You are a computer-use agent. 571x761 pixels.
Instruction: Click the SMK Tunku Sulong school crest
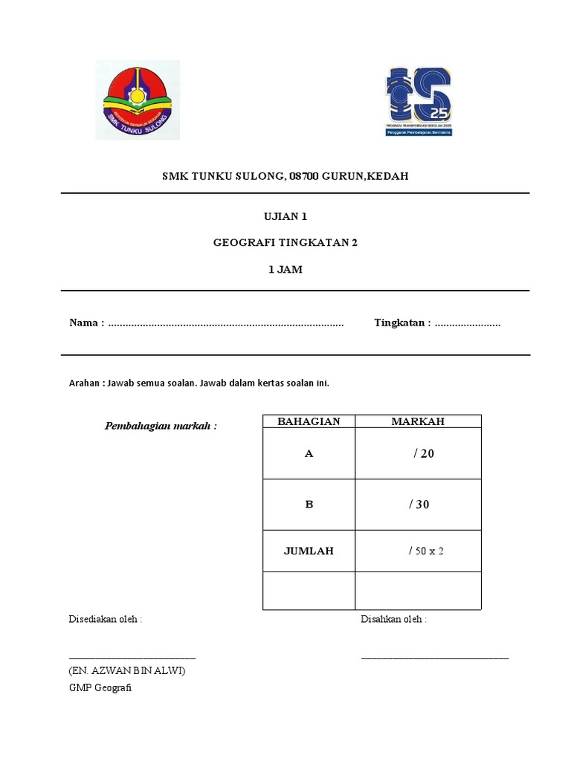138,100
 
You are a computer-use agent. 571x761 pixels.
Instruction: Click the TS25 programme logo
418,101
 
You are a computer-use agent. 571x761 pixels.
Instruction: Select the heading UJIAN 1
285,217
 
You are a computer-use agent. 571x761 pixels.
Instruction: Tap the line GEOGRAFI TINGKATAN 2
285,243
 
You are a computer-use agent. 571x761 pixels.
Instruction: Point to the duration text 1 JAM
285,270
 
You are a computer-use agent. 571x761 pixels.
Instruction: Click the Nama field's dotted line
226,323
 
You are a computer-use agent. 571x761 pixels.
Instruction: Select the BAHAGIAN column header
309,421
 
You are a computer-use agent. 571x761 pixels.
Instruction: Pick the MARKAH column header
418,421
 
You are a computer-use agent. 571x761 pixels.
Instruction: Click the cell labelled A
309,453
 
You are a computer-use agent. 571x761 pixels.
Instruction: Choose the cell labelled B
309,504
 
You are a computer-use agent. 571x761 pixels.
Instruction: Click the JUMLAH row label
309,551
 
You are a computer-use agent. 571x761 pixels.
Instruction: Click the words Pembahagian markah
161,426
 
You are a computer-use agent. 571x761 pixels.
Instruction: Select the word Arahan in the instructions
84,383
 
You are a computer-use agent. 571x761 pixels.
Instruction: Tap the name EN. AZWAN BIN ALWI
127,671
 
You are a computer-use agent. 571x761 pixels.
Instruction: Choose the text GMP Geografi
100,688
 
